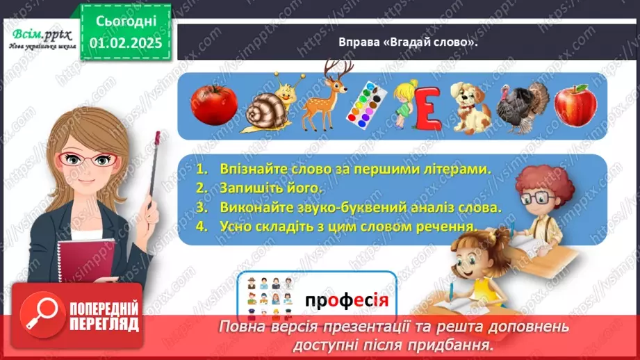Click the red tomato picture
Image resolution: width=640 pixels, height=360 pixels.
tap(214, 105)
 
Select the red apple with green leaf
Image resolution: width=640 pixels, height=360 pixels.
tap(575, 105)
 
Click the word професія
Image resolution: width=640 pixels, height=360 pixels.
tap(345, 301)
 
